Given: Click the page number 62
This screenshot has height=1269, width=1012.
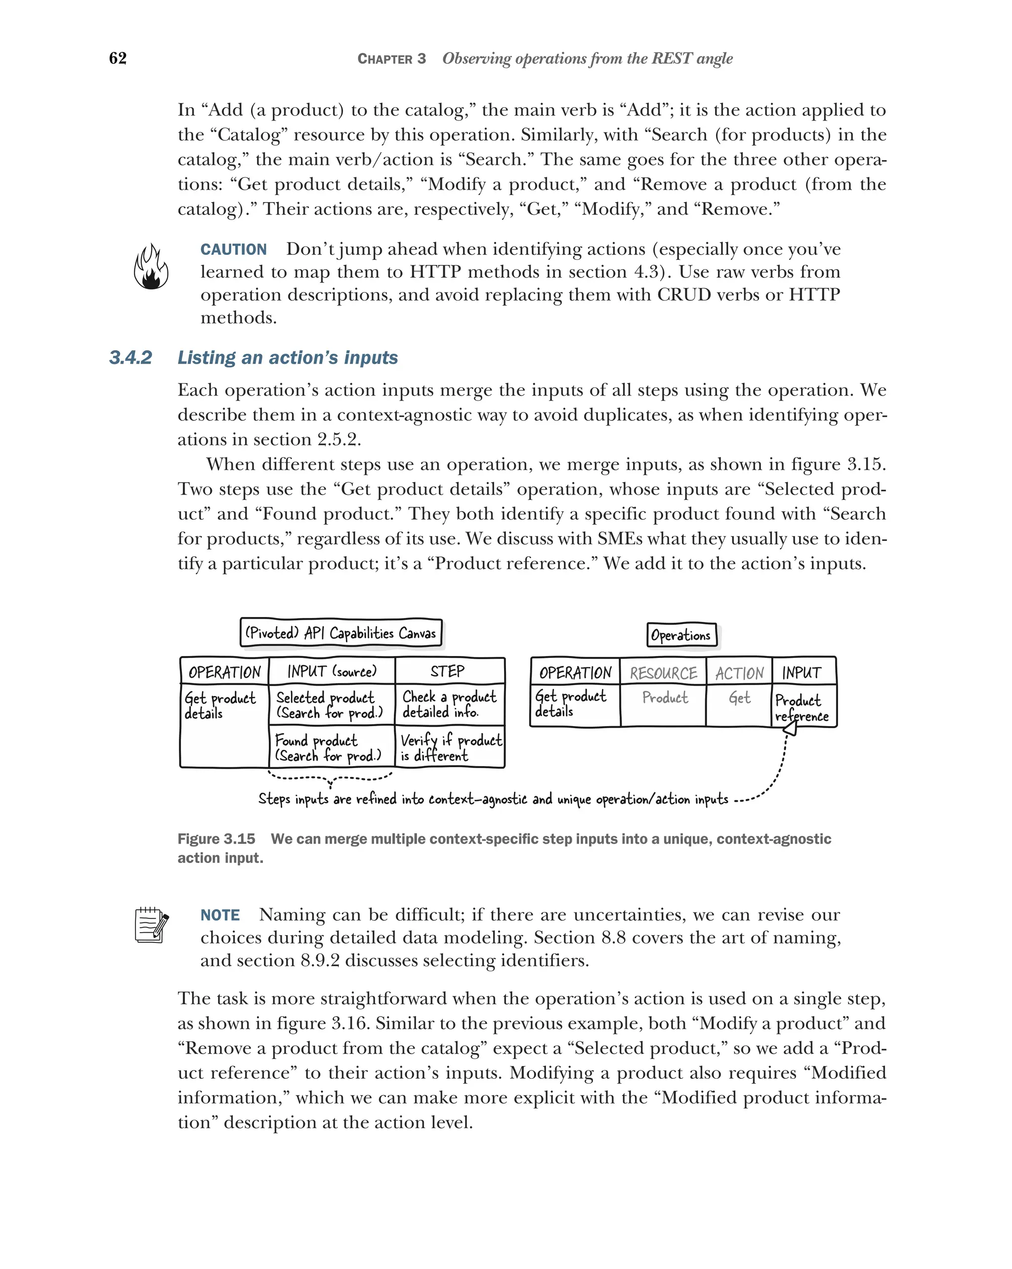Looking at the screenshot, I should [118, 58].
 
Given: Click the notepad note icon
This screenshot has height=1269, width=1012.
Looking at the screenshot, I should [151, 925].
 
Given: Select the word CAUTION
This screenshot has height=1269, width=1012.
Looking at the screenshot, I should [233, 249].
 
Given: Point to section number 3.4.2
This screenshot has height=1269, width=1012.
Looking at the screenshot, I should [130, 358].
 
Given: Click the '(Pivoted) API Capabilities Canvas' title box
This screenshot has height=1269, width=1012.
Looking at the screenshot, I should [341, 633].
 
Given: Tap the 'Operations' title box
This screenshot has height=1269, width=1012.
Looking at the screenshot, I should [681, 635].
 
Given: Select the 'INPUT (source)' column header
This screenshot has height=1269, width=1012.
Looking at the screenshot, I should [332, 672].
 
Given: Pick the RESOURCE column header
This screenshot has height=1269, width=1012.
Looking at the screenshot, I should [663, 673].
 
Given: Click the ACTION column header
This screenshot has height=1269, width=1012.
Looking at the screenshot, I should [739, 673].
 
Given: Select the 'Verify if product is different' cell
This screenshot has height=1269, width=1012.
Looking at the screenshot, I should [450, 747].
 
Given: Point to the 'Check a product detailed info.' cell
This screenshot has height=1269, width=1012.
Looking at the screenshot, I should [449, 704].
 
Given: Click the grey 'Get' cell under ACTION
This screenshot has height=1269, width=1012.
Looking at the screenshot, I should [739, 698].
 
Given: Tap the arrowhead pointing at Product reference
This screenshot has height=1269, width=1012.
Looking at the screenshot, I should [791, 729].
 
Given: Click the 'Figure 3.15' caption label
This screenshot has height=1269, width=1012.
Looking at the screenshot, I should [216, 839].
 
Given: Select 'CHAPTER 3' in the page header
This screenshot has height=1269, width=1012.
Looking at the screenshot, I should [391, 59].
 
